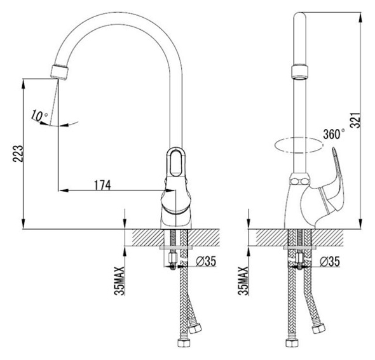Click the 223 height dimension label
tap(18, 154)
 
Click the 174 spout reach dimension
tap(103, 185)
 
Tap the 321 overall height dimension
tap(355, 119)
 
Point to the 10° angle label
tap(39, 116)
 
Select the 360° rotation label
tap(334, 134)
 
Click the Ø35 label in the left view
tap(206, 261)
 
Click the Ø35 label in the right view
tap(330, 262)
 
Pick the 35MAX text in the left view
tap(119, 281)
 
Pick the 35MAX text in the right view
tap(243, 281)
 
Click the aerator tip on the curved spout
tap(60, 72)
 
